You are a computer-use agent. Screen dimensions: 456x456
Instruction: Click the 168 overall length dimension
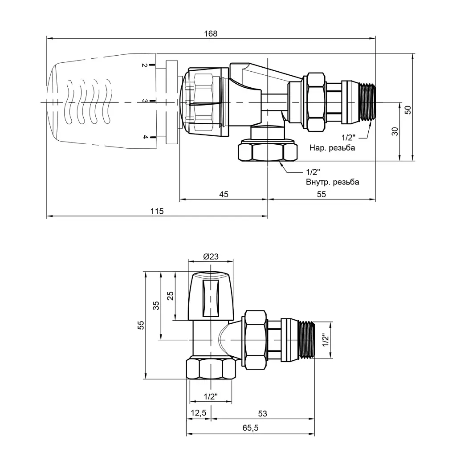(x=211, y=34)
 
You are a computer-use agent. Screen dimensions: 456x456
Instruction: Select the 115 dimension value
(x=157, y=211)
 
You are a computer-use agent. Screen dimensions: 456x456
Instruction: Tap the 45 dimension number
(x=224, y=194)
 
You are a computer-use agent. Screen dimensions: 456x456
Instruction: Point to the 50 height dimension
(x=408, y=110)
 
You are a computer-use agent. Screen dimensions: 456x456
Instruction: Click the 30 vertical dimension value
(x=395, y=131)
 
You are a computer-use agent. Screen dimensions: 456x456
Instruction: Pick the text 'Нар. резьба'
(x=332, y=148)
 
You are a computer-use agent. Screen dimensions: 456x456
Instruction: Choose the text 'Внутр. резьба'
(x=332, y=182)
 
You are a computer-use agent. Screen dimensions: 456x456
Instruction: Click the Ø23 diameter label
(x=211, y=256)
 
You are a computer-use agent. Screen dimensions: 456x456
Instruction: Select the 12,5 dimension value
(x=198, y=413)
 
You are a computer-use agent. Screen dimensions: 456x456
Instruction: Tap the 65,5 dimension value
(x=250, y=428)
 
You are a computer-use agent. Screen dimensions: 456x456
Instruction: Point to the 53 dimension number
(x=262, y=414)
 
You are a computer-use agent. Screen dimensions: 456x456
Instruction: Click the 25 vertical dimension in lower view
(x=171, y=296)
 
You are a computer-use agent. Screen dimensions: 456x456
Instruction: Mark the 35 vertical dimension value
(x=156, y=305)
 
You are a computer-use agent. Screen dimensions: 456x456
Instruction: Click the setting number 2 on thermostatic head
(x=144, y=65)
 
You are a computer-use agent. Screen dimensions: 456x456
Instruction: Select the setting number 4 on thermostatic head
(x=145, y=137)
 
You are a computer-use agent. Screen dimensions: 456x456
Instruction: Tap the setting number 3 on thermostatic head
(x=145, y=101)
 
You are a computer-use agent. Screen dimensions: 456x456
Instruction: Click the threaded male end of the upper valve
(x=367, y=102)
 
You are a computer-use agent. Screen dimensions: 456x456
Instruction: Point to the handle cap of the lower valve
(x=211, y=296)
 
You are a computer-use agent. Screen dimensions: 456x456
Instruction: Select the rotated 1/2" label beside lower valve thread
(x=325, y=340)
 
